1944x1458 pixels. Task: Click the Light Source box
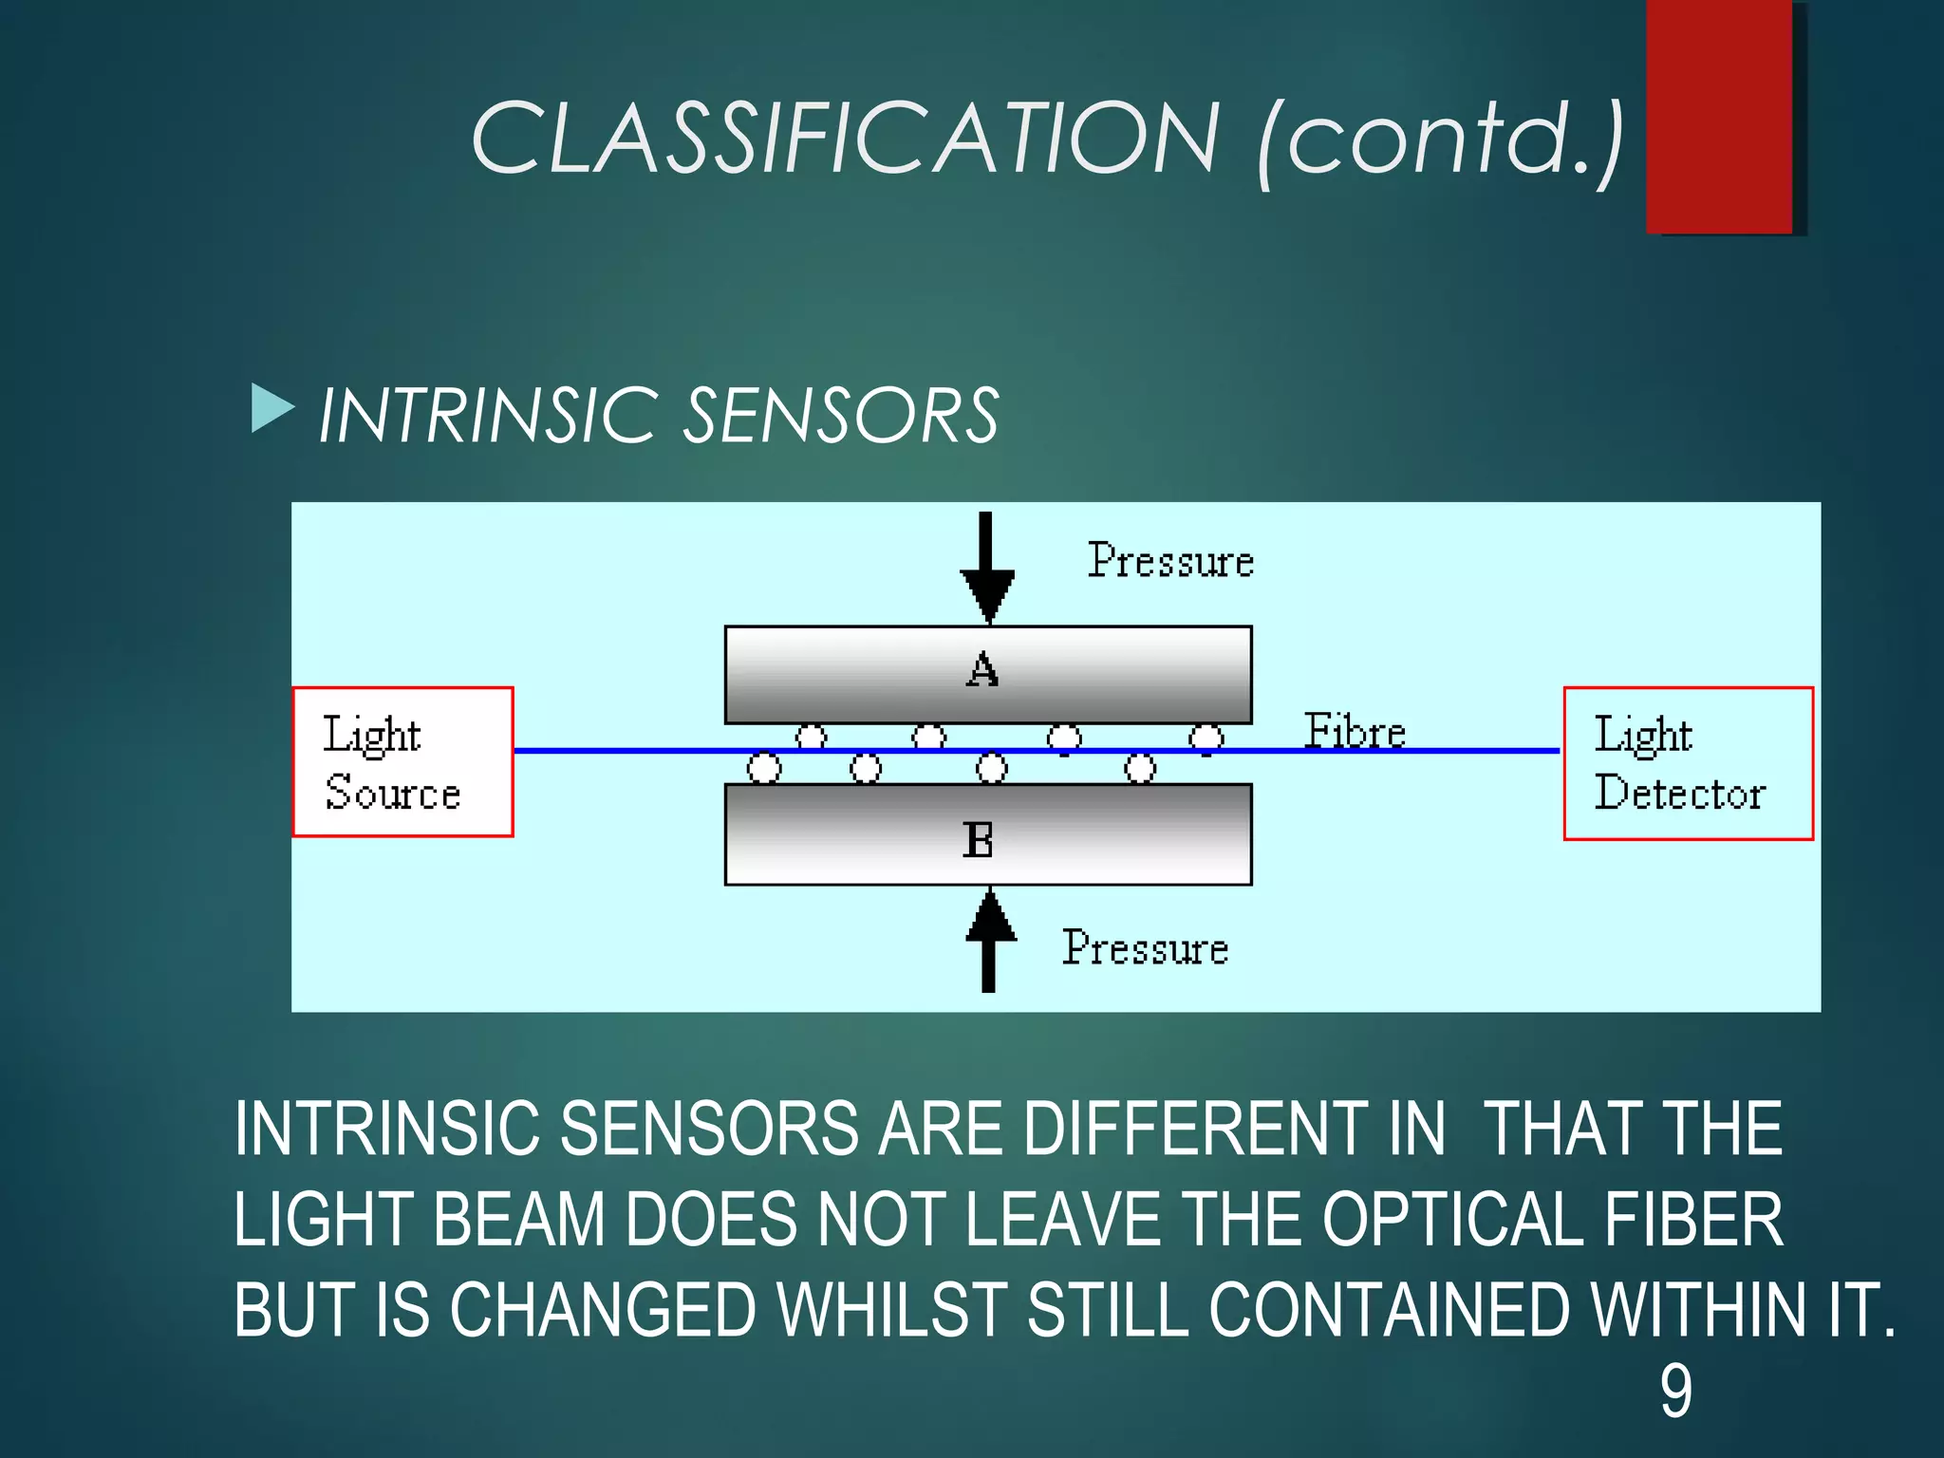click(402, 761)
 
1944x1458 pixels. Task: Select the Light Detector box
click(1688, 763)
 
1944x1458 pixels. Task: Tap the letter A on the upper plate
click(982, 670)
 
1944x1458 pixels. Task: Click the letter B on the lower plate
click(978, 840)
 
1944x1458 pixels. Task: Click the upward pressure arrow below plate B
click(989, 942)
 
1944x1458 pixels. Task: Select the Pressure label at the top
click(1170, 560)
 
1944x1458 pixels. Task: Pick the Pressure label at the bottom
click(1145, 947)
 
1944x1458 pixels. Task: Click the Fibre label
click(1355, 731)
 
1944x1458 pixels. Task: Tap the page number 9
click(1676, 1392)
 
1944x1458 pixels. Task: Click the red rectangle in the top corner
click(1719, 116)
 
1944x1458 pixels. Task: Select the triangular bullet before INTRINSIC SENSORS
click(271, 409)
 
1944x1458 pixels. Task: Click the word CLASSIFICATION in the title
click(844, 139)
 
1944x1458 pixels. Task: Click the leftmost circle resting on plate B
click(764, 767)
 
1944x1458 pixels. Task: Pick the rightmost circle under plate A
click(1206, 738)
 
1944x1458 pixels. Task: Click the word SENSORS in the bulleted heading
click(840, 416)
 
